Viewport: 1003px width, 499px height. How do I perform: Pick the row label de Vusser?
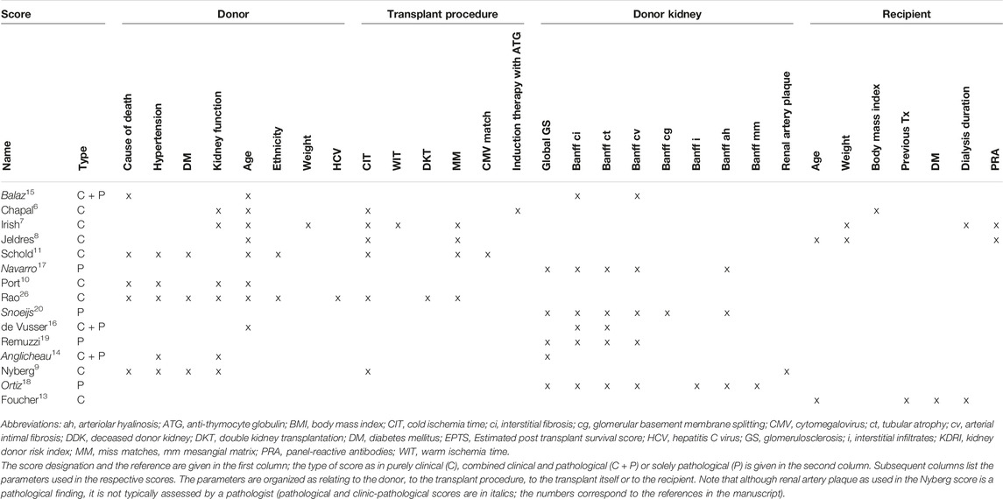pyautogui.click(x=24, y=327)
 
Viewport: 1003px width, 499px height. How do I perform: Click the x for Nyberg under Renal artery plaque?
pyautogui.click(x=788, y=372)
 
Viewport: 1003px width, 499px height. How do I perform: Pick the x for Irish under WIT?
pyautogui.click(x=398, y=226)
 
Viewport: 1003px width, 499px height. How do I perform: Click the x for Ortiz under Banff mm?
pyautogui.click(x=757, y=386)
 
